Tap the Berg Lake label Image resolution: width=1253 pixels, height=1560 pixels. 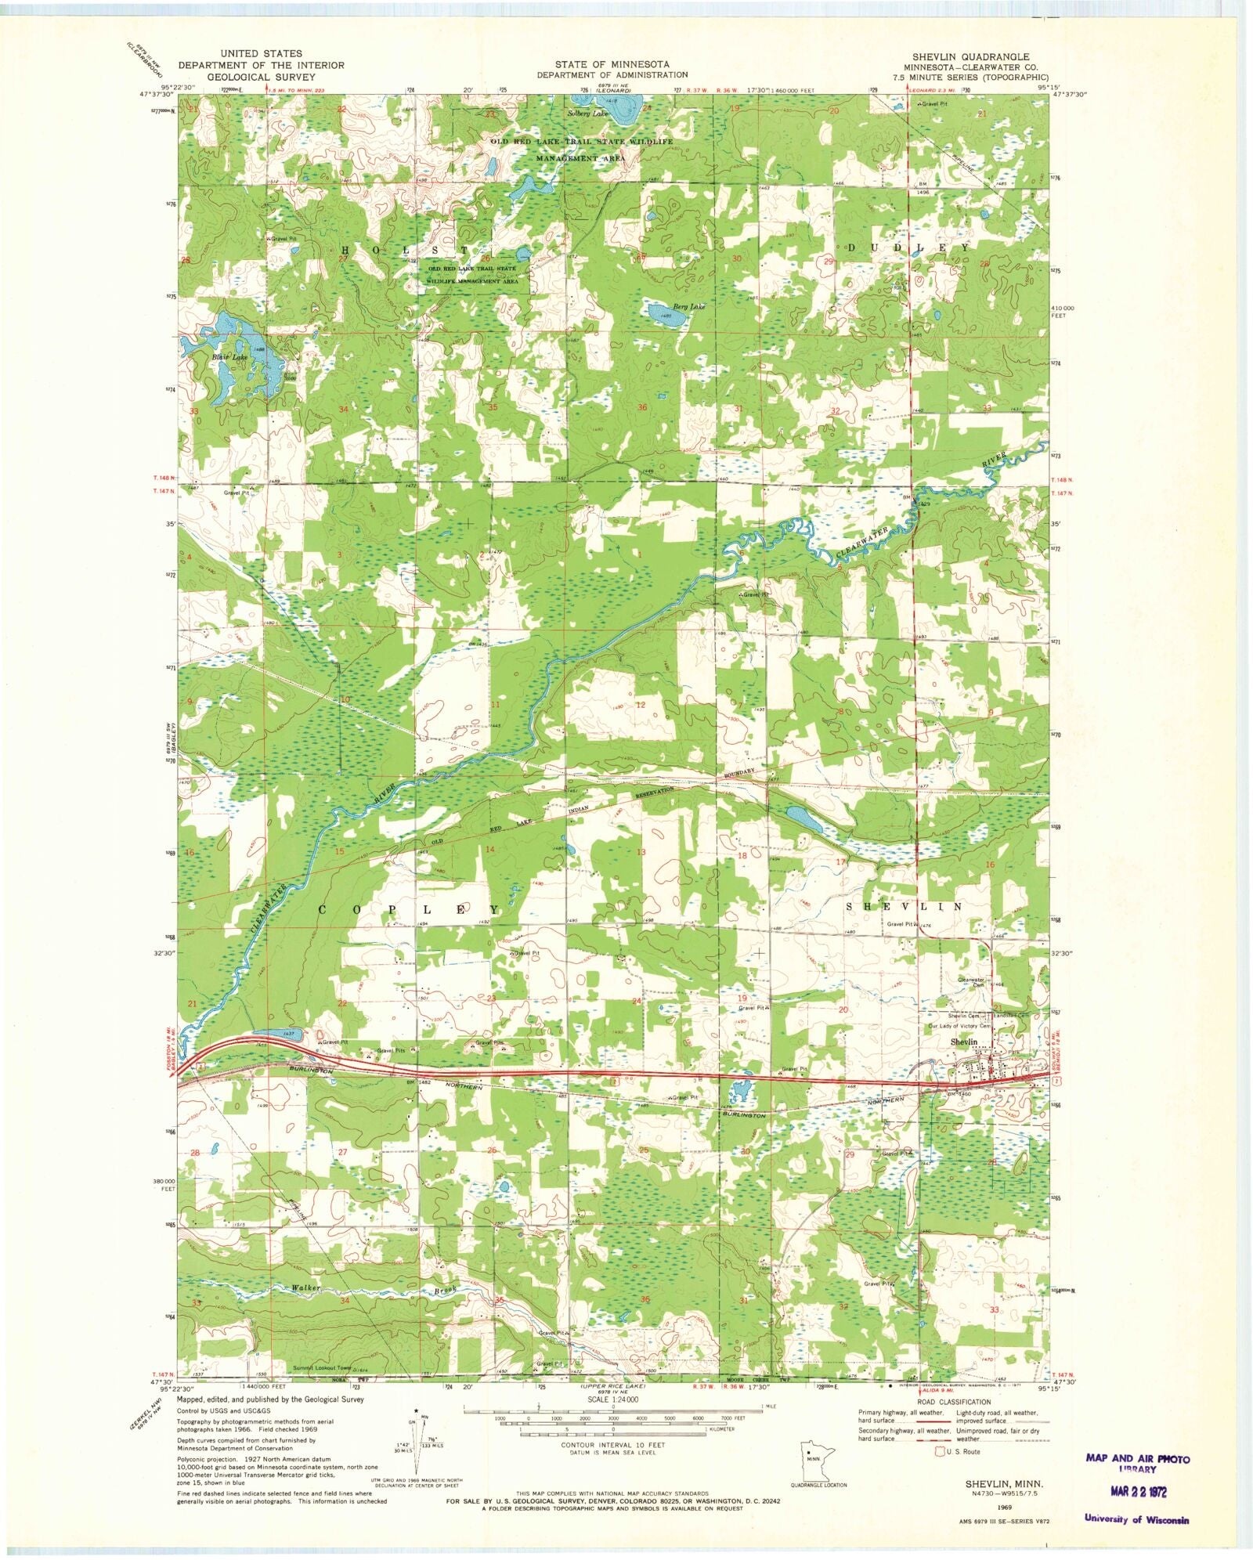(689, 307)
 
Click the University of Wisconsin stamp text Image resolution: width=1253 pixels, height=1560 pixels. (1136, 1519)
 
